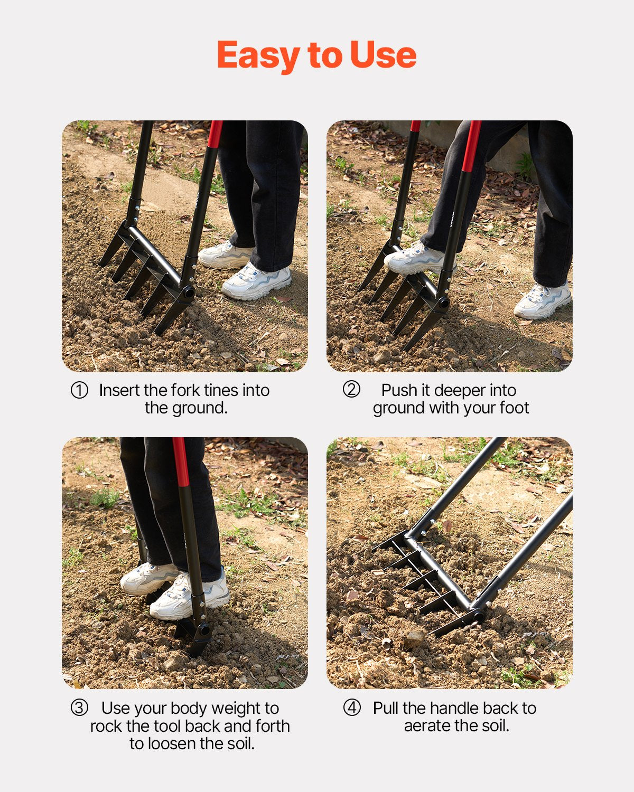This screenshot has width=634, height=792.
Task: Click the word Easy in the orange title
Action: [x=259, y=55]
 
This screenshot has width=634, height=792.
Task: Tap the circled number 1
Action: [x=79, y=391]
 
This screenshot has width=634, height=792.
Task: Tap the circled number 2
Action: [x=351, y=390]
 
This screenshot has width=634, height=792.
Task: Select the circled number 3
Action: [x=79, y=708]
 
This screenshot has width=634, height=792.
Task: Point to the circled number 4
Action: [x=352, y=708]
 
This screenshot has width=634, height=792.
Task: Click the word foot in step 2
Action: [x=514, y=408]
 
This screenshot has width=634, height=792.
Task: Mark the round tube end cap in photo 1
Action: [x=188, y=293]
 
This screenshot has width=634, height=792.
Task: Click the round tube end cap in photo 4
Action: [x=479, y=615]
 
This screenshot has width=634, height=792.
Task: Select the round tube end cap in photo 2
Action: [x=443, y=303]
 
